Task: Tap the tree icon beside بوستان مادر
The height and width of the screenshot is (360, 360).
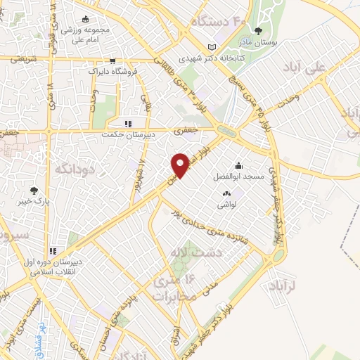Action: [x=258, y=31]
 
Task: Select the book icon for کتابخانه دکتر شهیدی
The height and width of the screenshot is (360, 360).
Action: [x=212, y=47]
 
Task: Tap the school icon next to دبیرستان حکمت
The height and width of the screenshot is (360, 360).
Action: [x=128, y=124]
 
